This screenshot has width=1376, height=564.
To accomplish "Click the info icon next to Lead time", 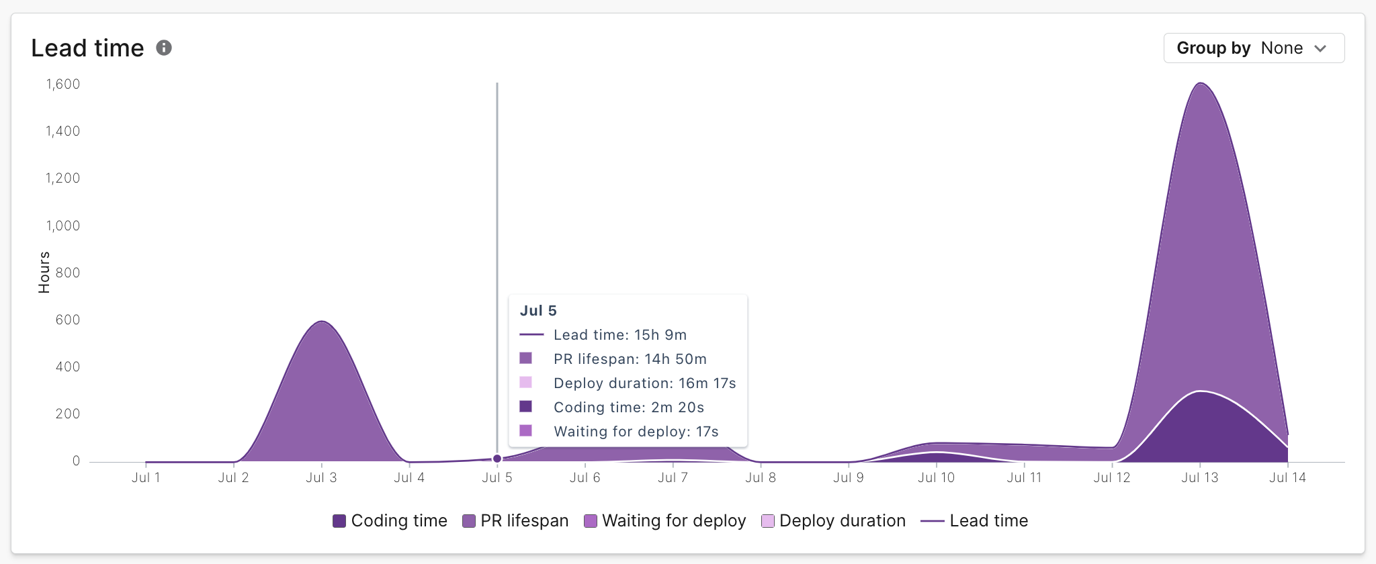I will coord(164,48).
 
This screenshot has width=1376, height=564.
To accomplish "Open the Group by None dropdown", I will coord(1253,48).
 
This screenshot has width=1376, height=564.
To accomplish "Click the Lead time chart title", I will coord(87,48).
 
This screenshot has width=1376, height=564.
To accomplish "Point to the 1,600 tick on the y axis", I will coord(63,84).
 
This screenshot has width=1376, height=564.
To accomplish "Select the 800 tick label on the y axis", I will coord(68,273).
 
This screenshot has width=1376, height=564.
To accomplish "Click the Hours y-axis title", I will coord(44,272).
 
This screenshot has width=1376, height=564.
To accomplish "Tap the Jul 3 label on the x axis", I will coord(321,477).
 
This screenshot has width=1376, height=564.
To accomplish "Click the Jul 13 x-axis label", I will coord(1199,477).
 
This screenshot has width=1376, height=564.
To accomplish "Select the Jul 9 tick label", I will coord(848,477).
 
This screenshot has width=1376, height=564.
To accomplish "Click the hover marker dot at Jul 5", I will coord(497,459).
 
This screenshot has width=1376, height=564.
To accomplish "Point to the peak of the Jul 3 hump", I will coord(322,322).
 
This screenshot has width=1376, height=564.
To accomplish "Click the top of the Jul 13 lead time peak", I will coord(1200,83).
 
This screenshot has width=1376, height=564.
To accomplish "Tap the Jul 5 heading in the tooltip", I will coord(538,311).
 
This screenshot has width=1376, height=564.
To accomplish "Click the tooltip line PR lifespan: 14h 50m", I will coord(630,359).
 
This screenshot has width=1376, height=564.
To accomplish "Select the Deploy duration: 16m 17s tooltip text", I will coord(644,383).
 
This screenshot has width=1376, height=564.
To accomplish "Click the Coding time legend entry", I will coord(390,521).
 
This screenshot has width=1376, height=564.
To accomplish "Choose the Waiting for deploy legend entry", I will coord(665,521).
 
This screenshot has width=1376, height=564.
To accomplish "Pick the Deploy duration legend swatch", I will coord(768,521).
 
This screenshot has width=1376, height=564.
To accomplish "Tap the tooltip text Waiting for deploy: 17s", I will coord(636,432).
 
